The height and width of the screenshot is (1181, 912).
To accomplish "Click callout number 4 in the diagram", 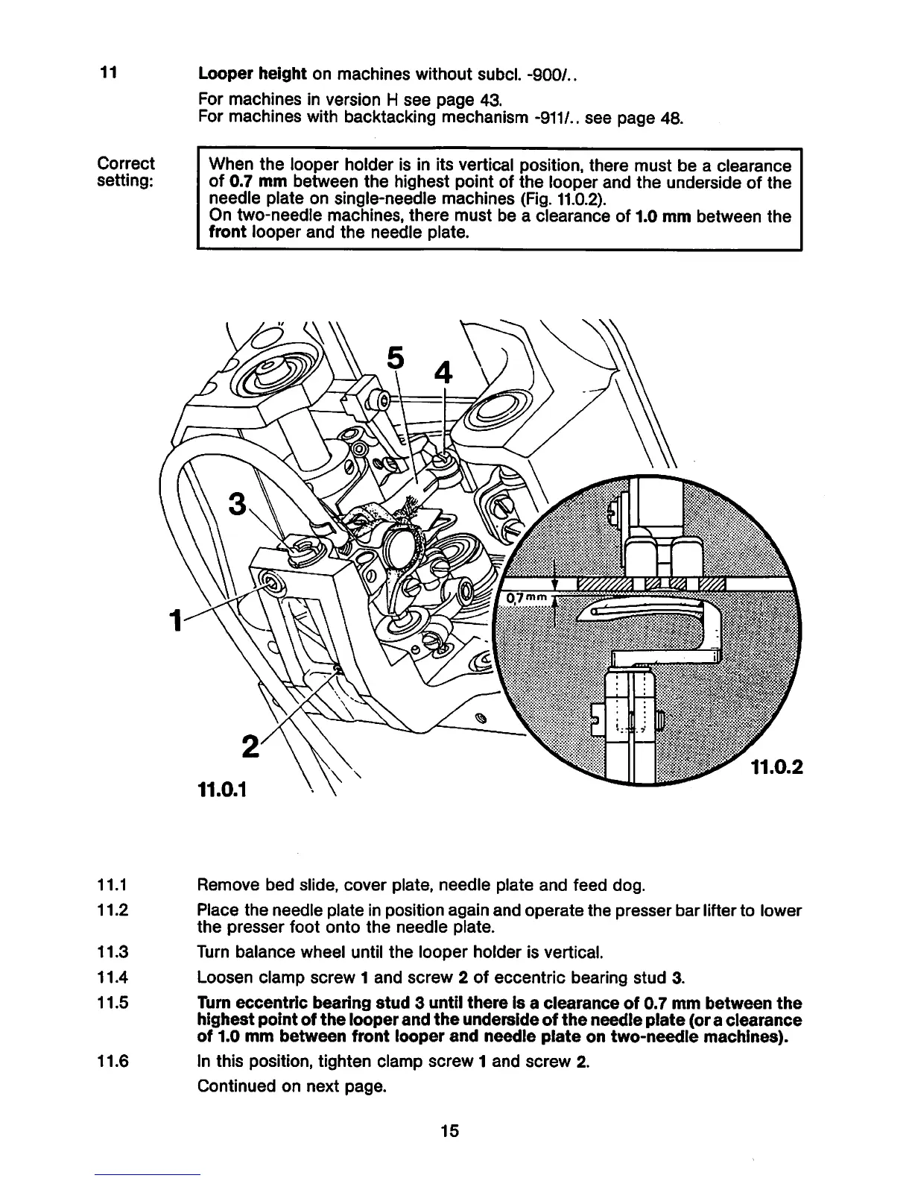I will (443, 372).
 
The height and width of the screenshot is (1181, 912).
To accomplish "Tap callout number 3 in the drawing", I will (237, 505).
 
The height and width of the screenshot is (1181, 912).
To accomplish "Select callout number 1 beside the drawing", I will (175, 620).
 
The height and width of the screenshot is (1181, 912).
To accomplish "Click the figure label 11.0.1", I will (223, 788).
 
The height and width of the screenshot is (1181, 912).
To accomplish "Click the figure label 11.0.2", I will (776, 766).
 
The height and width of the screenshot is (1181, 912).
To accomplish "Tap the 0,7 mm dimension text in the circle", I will (527, 599).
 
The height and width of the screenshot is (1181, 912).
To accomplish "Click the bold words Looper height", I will (253, 74).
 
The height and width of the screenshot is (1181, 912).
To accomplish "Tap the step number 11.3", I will (113, 952).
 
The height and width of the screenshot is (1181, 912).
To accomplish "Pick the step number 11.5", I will (113, 1003).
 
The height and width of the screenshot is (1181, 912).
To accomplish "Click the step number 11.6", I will (113, 1060).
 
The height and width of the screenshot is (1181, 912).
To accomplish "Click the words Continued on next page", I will (291, 1086).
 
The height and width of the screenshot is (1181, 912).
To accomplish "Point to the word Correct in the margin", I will (127, 163).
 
